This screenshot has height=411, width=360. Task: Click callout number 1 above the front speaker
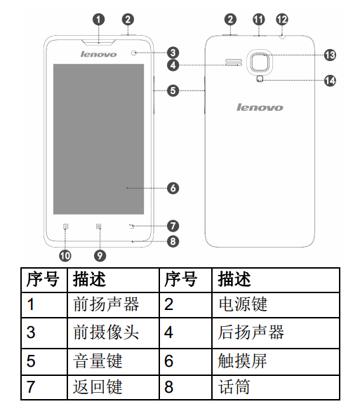pyautogui.click(x=98, y=20)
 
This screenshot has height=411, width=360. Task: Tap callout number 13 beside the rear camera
pyautogui.click(x=330, y=55)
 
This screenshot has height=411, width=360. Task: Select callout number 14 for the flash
pyautogui.click(x=330, y=81)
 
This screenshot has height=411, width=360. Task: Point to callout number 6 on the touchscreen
pyautogui.click(x=173, y=188)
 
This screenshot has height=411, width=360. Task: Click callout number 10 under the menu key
pyautogui.click(x=65, y=255)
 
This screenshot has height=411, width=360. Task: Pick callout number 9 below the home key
pyautogui.click(x=100, y=255)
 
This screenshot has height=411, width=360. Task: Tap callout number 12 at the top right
pyautogui.click(x=282, y=20)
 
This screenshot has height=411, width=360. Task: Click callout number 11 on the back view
pyautogui.click(x=258, y=20)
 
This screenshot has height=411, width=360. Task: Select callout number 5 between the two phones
pyautogui.click(x=173, y=90)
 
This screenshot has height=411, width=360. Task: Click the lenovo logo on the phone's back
pyautogui.click(x=260, y=107)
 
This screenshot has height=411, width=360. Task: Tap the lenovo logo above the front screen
pyautogui.click(x=98, y=54)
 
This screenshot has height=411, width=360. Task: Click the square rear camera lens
pyautogui.click(x=260, y=62)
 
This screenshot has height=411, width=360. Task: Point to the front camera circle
pyautogui.click(x=134, y=53)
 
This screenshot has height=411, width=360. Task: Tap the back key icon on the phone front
pyautogui.click(x=132, y=226)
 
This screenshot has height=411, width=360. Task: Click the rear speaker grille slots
pyautogui.click(x=234, y=62)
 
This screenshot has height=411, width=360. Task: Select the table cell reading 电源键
pyautogui.click(x=276, y=305)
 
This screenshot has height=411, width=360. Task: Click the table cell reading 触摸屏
pyautogui.click(x=276, y=361)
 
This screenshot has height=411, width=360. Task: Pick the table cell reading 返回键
pyautogui.click(x=113, y=387)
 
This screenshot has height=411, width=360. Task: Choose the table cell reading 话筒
pyautogui.click(x=276, y=387)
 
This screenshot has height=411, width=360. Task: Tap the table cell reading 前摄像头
pyautogui.click(x=113, y=333)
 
